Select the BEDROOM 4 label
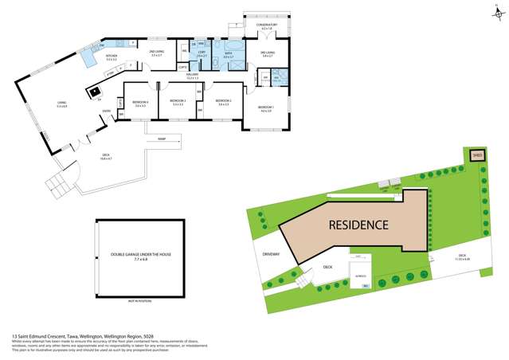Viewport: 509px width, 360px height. coord(140,102)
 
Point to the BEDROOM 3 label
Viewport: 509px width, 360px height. coord(177,101)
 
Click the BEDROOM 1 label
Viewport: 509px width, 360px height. coord(265,108)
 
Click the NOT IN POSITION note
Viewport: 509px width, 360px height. coord(139,302)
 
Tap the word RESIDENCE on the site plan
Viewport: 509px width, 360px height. coord(360,225)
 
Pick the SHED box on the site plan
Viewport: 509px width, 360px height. coord(477,155)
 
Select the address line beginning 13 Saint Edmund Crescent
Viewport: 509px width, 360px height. coord(70,336)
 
